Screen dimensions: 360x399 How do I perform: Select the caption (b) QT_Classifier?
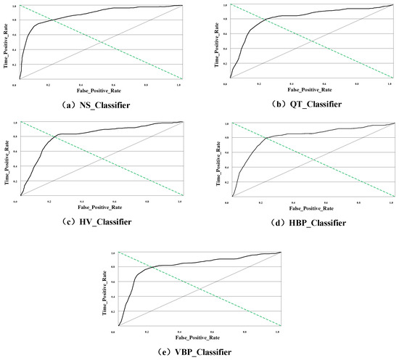300,103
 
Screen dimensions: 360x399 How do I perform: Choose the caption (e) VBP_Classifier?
199,351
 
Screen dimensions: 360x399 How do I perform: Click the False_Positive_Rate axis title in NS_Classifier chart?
101,92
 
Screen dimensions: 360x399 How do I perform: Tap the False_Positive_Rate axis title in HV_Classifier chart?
101,210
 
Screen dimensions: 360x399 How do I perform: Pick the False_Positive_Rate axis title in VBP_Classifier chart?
199,339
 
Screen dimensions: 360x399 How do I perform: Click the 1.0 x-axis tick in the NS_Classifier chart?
179,85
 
